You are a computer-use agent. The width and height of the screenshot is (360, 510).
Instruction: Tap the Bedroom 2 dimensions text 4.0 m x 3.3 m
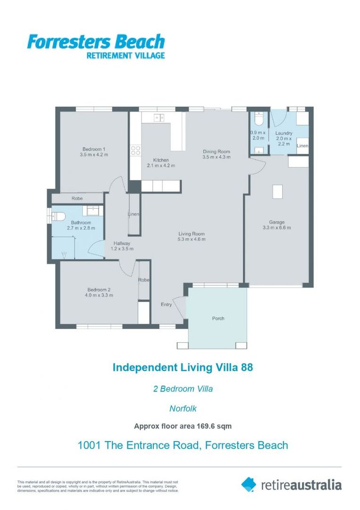pyautogui.click(x=100, y=295)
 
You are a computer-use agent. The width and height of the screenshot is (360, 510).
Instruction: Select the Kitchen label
pyautogui.click(x=161, y=160)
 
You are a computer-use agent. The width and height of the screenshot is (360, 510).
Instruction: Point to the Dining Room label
pyautogui.click(x=217, y=152)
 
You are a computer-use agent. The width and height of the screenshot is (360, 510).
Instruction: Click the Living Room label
pyautogui.click(x=191, y=233)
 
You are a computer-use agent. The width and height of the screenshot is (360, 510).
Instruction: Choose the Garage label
pyautogui.click(x=276, y=222)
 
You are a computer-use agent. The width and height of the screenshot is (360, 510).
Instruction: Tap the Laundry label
pyautogui.click(x=284, y=134)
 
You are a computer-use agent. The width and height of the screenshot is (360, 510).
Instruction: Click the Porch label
pyautogui.click(x=218, y=318)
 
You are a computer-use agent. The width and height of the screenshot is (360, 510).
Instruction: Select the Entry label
pyautogui.click(x=166, y=305)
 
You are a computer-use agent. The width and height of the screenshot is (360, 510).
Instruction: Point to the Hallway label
pyautogui.click(x=121, y=243)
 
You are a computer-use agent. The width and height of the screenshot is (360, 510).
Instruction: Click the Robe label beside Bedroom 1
pyautogui.click(x=77, y=199)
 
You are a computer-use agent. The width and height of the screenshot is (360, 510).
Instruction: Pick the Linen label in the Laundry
pyautogui.click(x=302, y=146)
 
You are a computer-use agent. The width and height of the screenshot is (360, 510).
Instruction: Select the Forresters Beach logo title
pyautogui.click(x=96, y=42)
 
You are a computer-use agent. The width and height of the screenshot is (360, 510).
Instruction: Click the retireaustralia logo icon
pyautogui.click(x=249, y=484)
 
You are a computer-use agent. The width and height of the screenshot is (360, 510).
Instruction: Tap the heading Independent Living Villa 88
pyautogui.click(x=183, y=367)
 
